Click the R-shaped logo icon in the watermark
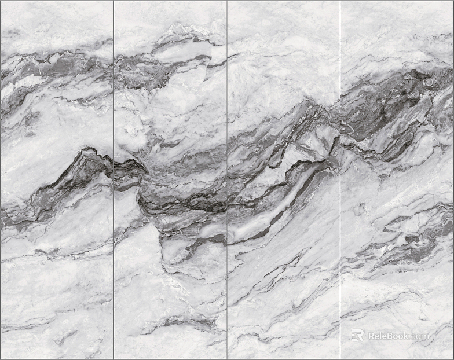click(357, 335)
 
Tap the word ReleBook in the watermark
click(388, 336)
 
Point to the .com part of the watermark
click(420, 336)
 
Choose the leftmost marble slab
click(57, 278)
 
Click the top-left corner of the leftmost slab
click(2, 2)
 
